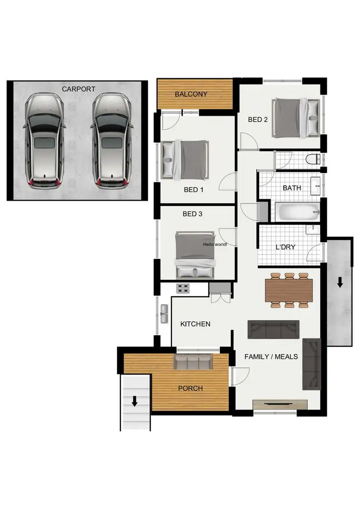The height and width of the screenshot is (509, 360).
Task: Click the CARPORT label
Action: click(x=78, y=89)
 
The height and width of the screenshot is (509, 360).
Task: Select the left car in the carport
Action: click(x=44, y=141)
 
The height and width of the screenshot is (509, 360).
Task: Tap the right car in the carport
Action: click(x=112, y=141)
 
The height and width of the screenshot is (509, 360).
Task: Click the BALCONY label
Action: click(x=191, y=94)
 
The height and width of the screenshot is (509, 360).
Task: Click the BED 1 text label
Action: click(x=194, y=190)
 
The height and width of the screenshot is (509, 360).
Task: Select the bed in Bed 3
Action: click(x=194, y=254)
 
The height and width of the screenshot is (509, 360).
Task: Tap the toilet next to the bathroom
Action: click(x=314, y=159)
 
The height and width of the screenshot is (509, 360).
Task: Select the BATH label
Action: click(x=292, y=188)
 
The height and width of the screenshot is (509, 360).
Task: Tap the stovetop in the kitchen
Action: click(x=183, y=289)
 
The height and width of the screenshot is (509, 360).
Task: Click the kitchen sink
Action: click(x=165, y=314)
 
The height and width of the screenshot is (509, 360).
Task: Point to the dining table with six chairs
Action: click(x=289, y=290)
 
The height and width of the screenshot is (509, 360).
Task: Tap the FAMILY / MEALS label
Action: click(x=271, y=357)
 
